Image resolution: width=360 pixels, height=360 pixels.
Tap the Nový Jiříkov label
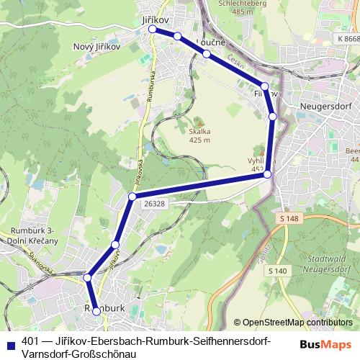coord(97,45)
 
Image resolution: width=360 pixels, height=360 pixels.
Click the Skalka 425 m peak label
coord(199,135)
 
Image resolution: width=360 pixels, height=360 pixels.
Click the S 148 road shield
coord(289,217)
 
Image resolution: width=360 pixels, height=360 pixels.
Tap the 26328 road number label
coord(153,204)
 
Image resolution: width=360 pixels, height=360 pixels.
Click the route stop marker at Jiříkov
coord(153,30)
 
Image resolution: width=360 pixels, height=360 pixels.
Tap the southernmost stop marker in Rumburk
coord(96,311)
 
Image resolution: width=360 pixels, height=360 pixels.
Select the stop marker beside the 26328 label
coord(132,197)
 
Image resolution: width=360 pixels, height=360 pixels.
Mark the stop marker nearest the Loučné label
coord(207,54)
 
